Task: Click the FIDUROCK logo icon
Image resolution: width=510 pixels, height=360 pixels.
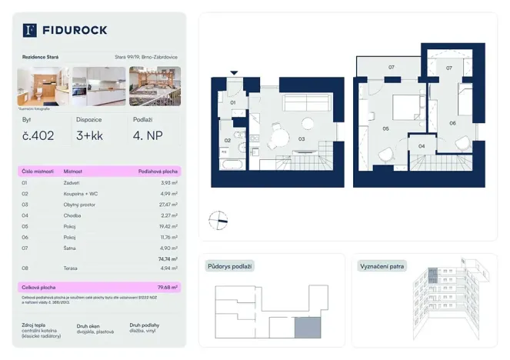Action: coord(30,30)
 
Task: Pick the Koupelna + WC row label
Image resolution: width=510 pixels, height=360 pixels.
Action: coord(80,195)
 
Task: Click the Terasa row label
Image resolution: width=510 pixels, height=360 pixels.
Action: coord(70,268)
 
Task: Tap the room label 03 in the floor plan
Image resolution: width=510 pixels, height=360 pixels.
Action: coord(302,139)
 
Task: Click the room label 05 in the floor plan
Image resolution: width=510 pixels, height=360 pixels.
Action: coord(385,129)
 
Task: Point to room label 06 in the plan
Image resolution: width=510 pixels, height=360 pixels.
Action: coord(452,123)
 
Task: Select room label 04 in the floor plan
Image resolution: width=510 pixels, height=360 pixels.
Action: coord(421,145)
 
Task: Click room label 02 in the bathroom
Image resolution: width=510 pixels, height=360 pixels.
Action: coord(228,141)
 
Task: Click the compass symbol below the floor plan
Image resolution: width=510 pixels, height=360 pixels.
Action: coord(218,220)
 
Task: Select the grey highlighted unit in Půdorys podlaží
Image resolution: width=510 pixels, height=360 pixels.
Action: coord(305,328)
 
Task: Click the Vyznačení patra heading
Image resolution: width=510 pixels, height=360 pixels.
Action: coord(382,266)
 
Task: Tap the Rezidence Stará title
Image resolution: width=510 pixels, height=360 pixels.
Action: coord(40,57)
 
